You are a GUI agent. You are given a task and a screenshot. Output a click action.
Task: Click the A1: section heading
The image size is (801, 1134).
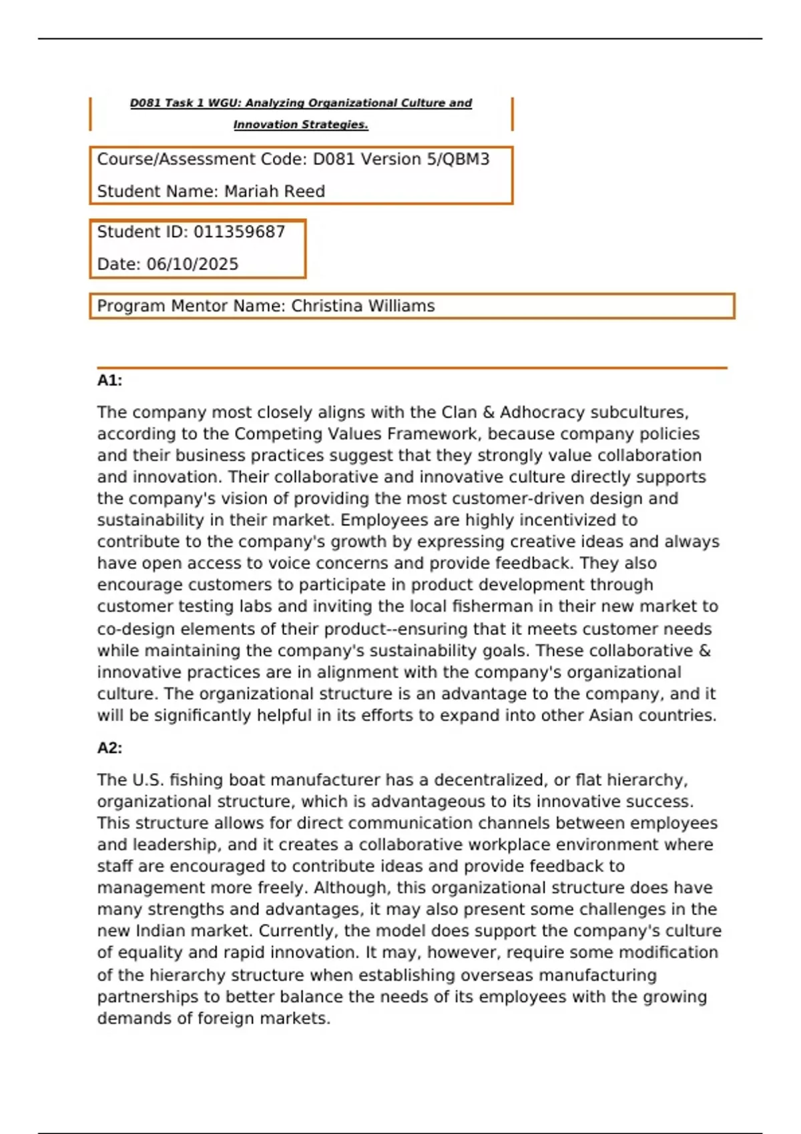click(x=109, y=380)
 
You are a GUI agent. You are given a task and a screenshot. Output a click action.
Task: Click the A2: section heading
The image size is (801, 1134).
click(x=109, y=748)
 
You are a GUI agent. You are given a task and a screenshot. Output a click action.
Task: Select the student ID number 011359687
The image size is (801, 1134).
click(x=239, y=231)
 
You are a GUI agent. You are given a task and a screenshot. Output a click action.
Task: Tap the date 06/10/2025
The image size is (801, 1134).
click(x=192, y=264)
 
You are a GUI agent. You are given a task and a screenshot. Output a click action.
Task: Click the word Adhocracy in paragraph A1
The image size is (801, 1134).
click(x=540, y=412)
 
